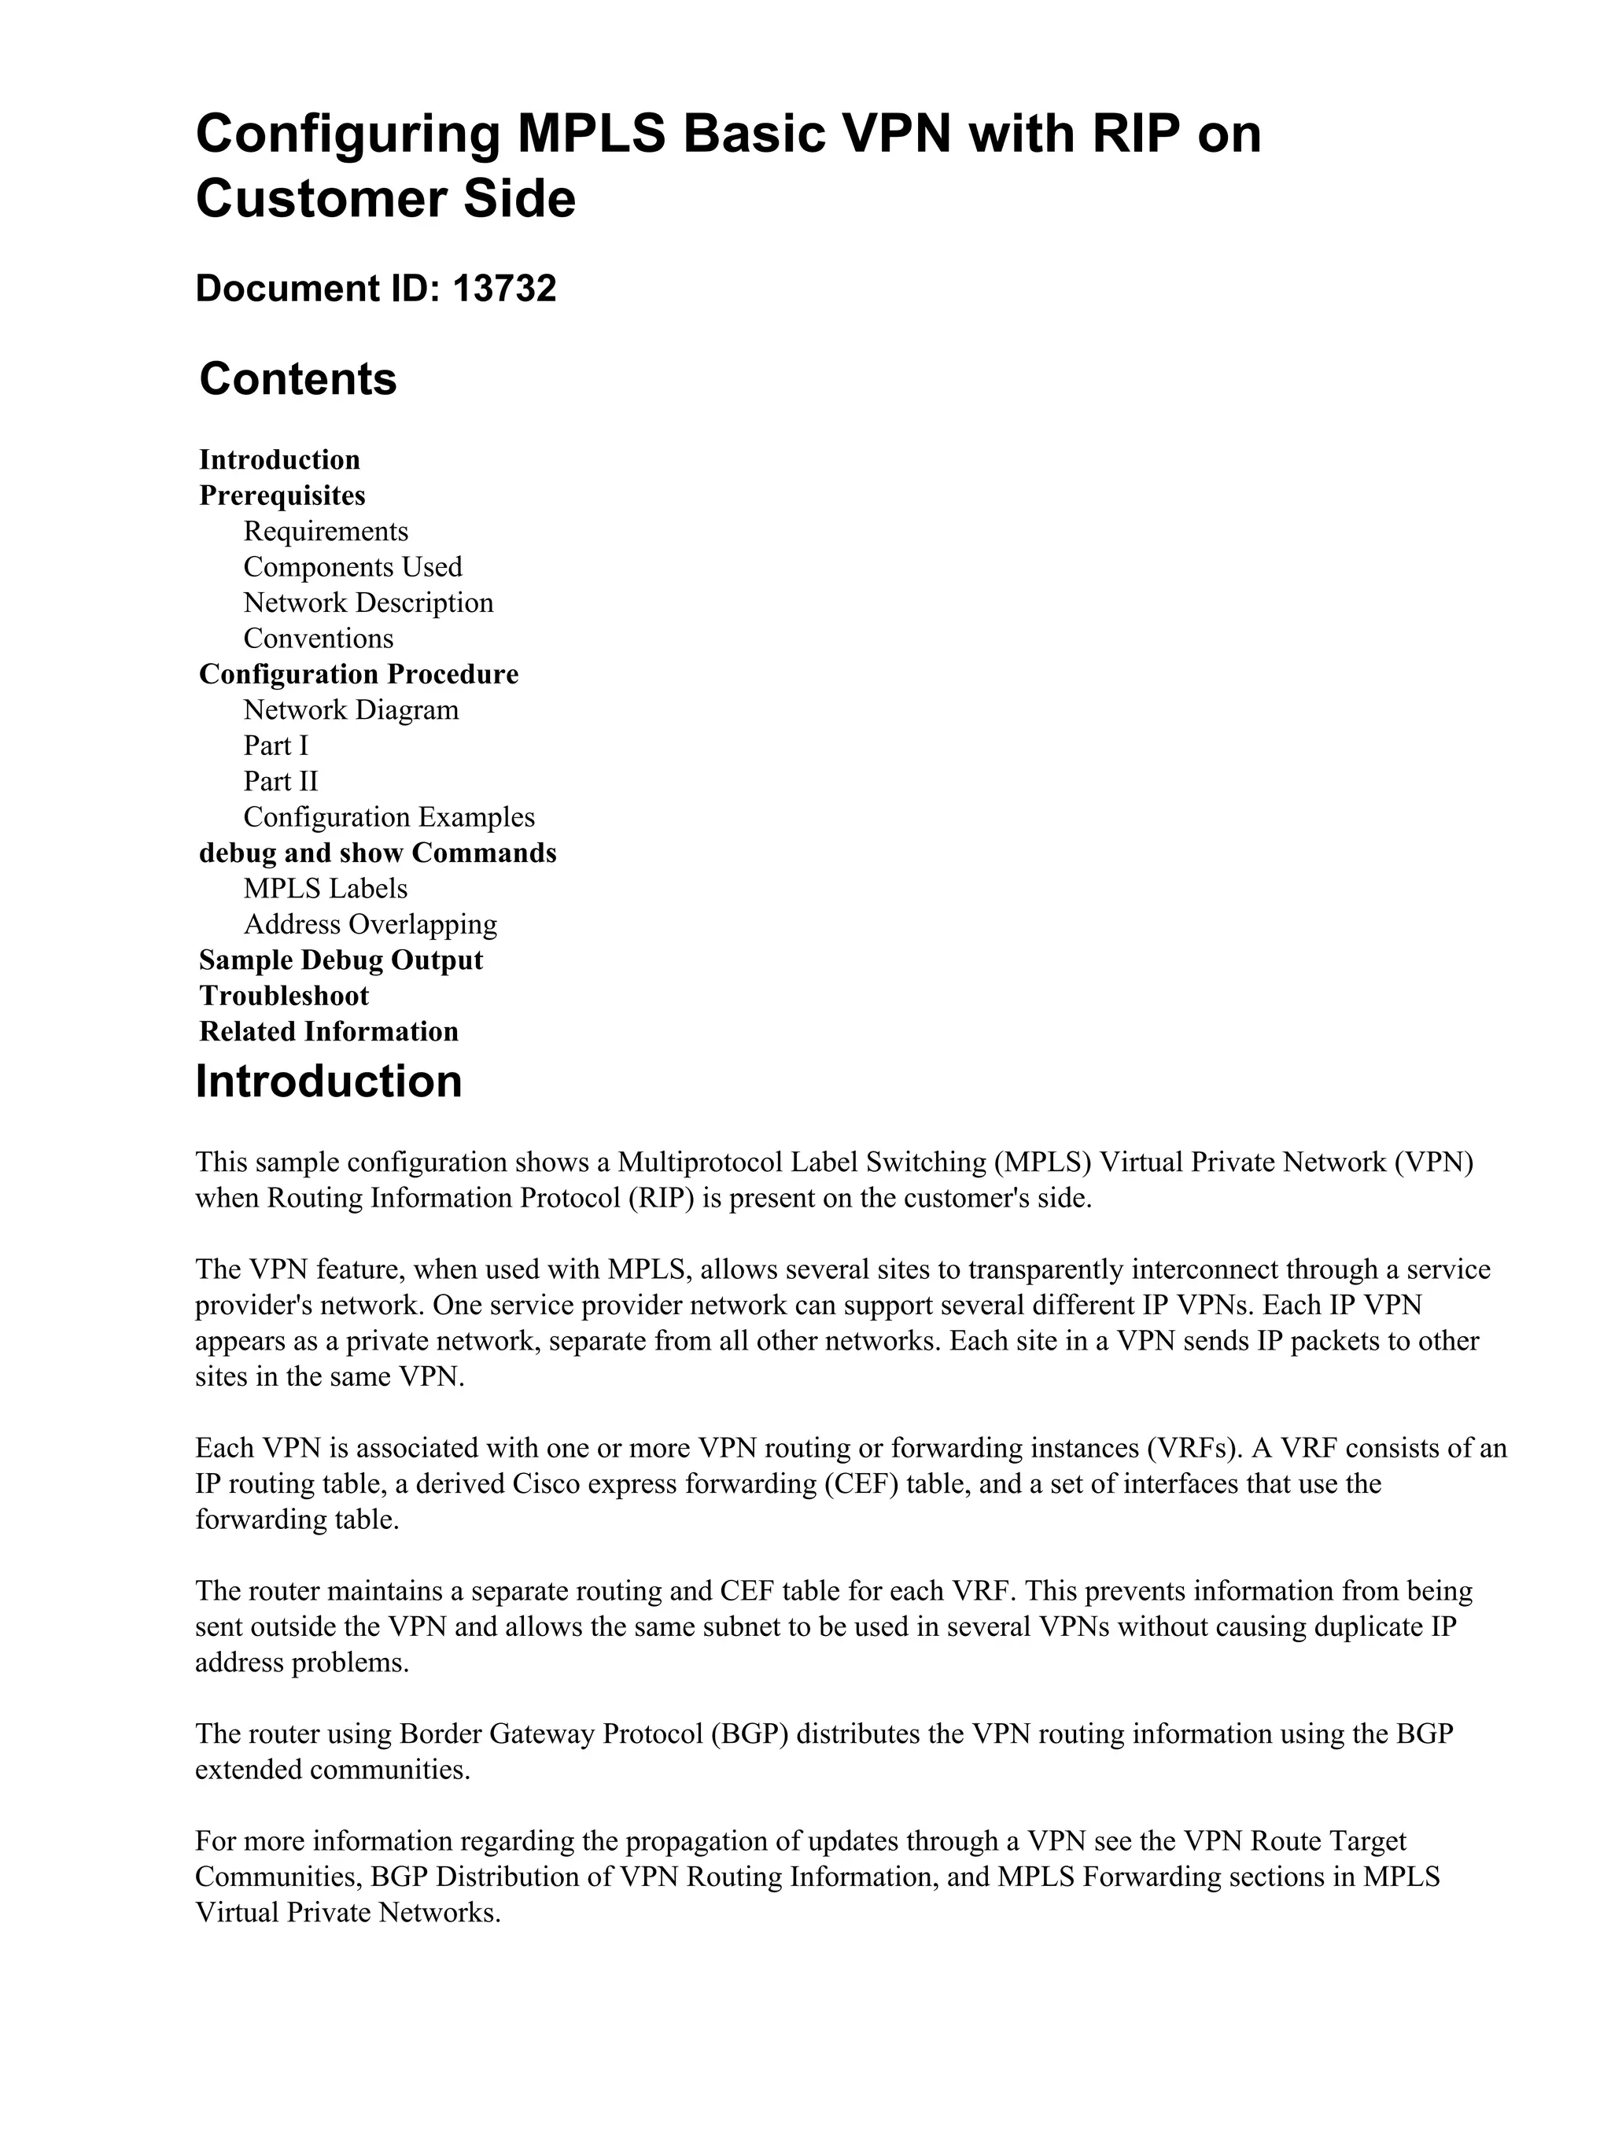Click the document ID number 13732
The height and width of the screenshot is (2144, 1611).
point(504,289)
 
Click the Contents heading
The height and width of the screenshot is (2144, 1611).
point(297,379)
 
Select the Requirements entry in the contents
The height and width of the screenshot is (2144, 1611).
point(326,531)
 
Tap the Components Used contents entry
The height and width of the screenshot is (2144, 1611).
point(353,567)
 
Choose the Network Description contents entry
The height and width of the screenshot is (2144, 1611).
point(368,603)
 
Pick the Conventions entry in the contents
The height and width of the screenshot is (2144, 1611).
point(319,639)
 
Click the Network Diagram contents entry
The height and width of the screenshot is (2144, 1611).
point(351,710)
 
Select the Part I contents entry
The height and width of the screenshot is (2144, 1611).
point(275,746)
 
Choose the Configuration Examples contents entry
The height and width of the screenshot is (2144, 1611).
point(389,818)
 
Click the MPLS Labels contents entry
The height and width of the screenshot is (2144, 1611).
point(326,889)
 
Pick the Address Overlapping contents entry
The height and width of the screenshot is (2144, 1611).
point(370,925)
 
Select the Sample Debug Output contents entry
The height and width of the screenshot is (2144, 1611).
point(341,960)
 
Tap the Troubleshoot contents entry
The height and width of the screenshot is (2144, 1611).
point(284,996)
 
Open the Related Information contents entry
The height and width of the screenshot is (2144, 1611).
point(329,1031)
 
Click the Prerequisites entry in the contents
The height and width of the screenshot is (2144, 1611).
point(282,495)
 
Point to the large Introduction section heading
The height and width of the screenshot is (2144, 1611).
point(329,1081)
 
